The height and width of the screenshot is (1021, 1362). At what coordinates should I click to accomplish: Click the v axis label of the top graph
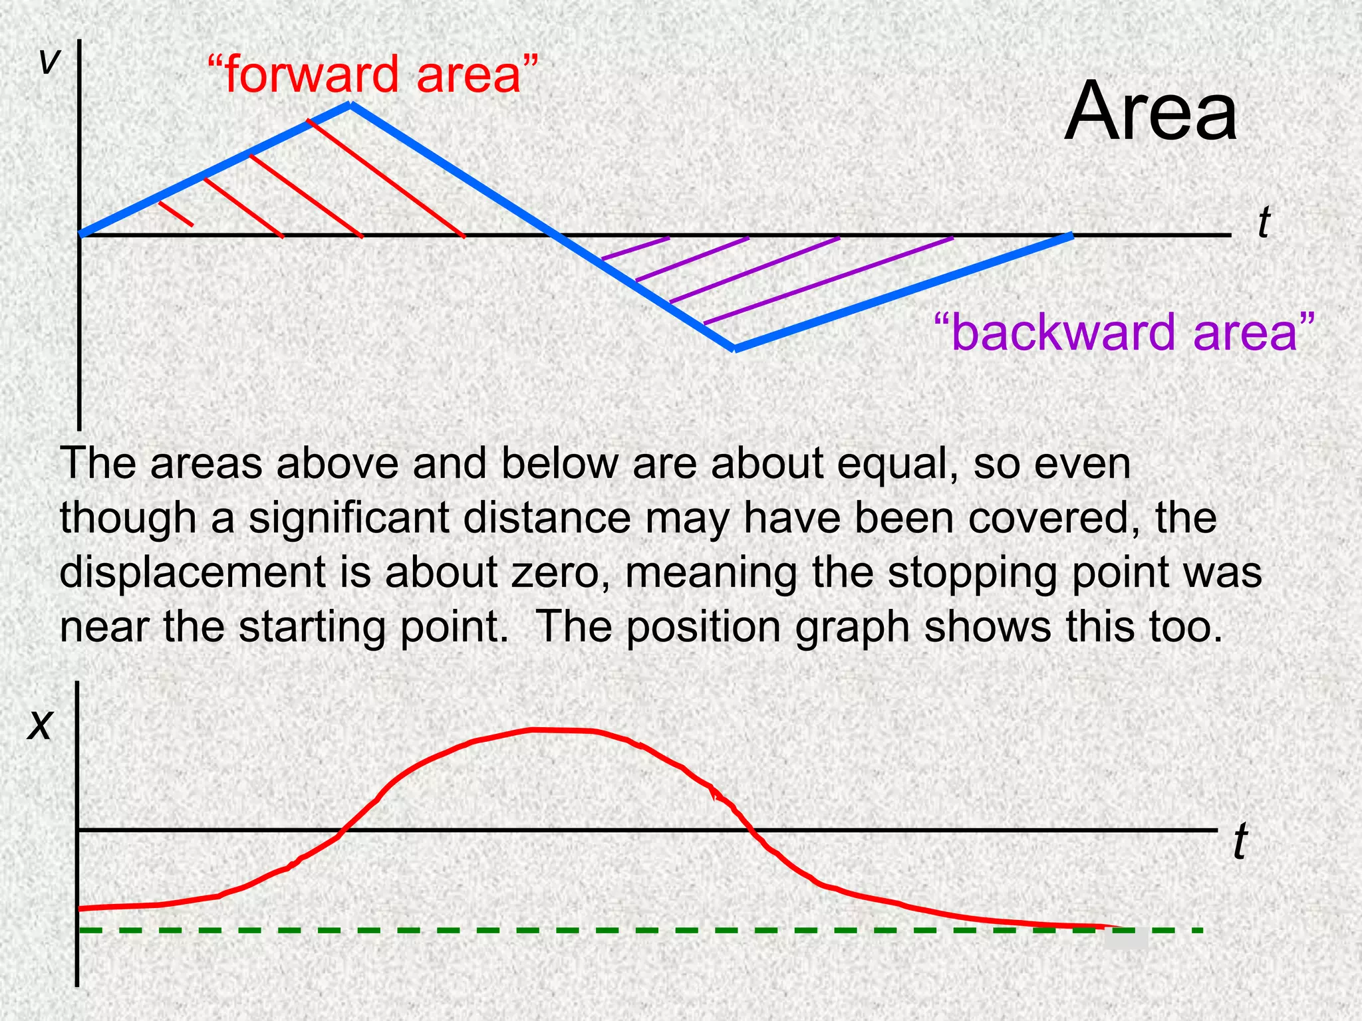(x=49, y=62)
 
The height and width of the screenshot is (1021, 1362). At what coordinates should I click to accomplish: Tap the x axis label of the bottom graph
(x=39, y=724)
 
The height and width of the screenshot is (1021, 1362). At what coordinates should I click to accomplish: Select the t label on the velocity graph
(x=1264, y=223)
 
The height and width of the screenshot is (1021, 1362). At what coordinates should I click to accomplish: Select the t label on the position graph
(x=1240, y=842)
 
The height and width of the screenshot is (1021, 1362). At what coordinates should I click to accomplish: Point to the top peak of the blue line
(x=350, y=104)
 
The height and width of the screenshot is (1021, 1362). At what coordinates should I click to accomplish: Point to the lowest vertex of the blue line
(x=734, y=348)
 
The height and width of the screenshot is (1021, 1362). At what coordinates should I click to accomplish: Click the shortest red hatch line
(x=176, y=213)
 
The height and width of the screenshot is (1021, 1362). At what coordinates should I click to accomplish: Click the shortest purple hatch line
(x=635, y=248)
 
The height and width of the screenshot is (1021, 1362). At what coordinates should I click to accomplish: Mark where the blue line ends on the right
(x=1071, y=235)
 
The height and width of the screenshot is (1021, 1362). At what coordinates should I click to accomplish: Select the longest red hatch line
(x=386, y=178)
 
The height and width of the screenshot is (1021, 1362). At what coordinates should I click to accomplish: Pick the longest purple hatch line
(x=828, y=281)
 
